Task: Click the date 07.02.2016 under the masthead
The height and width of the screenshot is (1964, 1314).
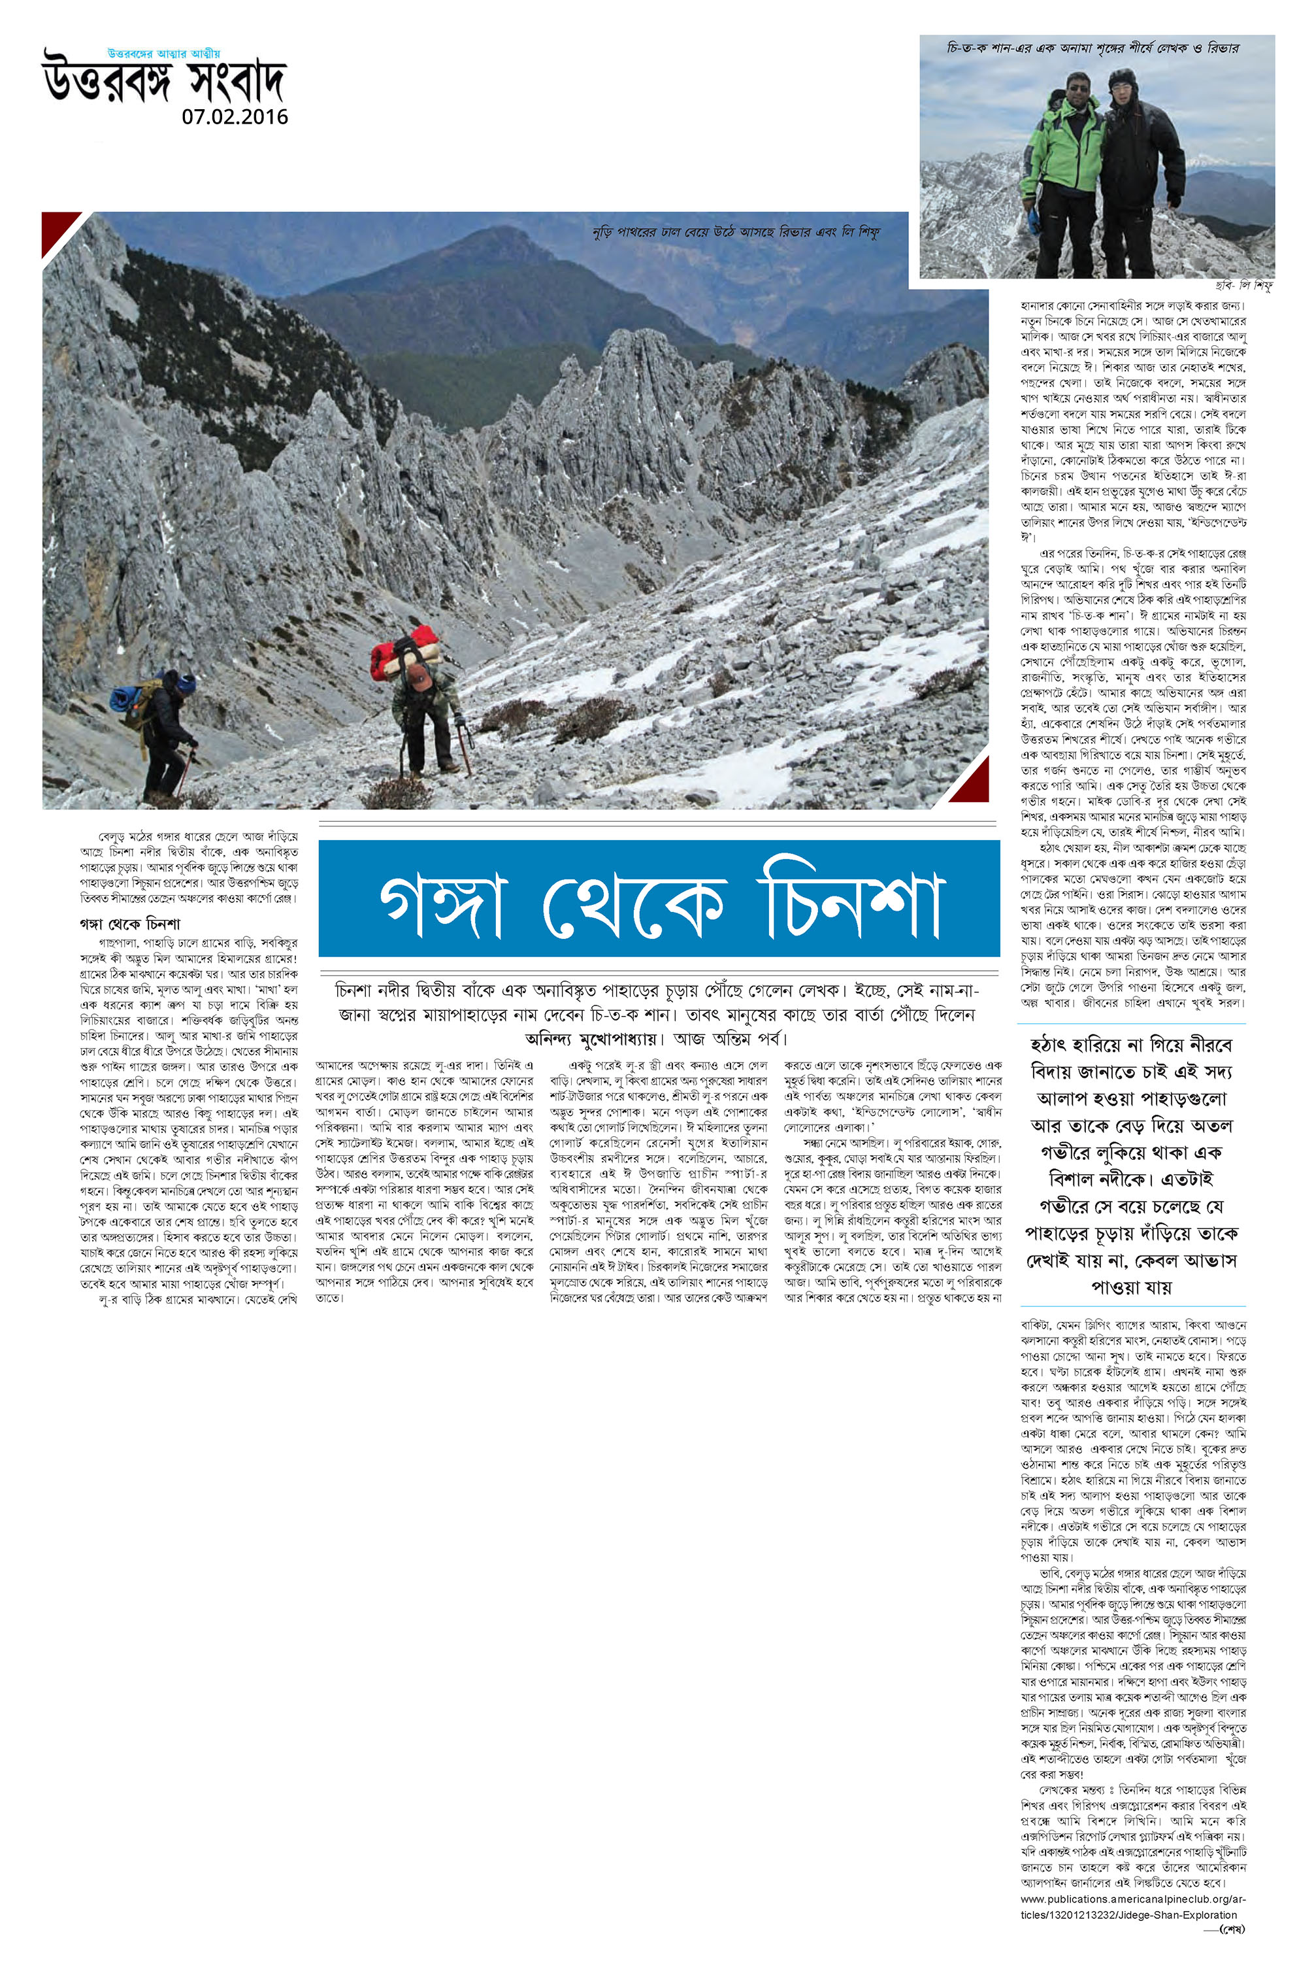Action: click(x=235, y=116)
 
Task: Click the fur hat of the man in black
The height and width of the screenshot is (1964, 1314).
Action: click(x=1121, y=80)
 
